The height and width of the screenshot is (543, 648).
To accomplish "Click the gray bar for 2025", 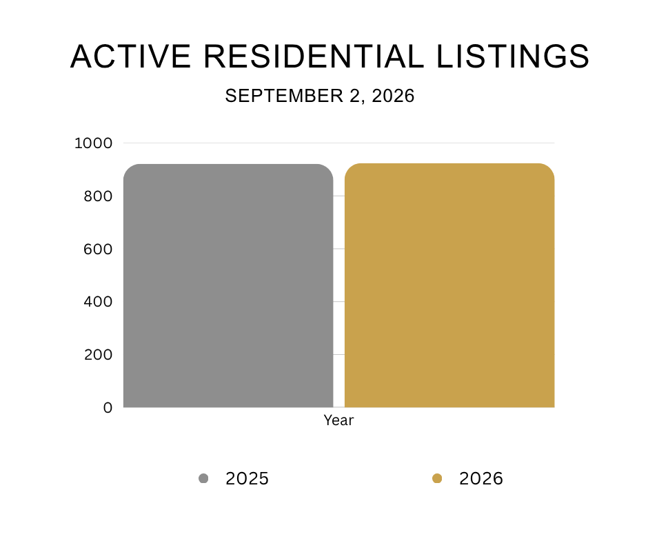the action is tap(228, 285).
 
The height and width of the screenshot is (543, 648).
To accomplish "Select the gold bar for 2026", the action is tap(449, 285).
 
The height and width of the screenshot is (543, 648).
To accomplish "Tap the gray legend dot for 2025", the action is tap(203, 478).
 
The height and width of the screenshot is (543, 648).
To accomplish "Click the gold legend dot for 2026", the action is tap(437, 478).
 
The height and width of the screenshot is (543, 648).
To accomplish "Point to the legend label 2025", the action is tap(247, 478).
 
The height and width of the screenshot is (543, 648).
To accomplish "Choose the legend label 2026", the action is tap(481, 478).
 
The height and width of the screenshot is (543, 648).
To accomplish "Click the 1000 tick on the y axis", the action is tap(93, 143).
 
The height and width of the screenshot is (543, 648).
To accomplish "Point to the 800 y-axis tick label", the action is tap(98, 196).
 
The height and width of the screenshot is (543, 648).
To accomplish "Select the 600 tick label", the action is tap(98, 249).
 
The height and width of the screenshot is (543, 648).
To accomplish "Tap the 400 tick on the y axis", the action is tap(98, 302).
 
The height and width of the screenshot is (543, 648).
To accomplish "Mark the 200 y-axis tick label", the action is tap(98, 355).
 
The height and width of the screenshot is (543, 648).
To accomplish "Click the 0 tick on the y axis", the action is tap(108, 408).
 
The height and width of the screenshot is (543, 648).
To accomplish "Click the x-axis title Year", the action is tap(339, 420).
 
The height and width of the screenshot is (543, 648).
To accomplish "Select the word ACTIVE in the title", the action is tap(130, 57).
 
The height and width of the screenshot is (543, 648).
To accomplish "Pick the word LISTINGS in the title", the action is tap(514, 57).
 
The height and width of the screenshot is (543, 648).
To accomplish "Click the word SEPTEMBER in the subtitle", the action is tap(284, 96).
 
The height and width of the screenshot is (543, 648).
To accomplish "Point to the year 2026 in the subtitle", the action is tap(393, 96).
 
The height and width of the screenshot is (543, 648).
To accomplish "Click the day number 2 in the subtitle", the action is tap(355, 96).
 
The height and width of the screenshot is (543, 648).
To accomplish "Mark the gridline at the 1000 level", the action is tap(339, 143).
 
